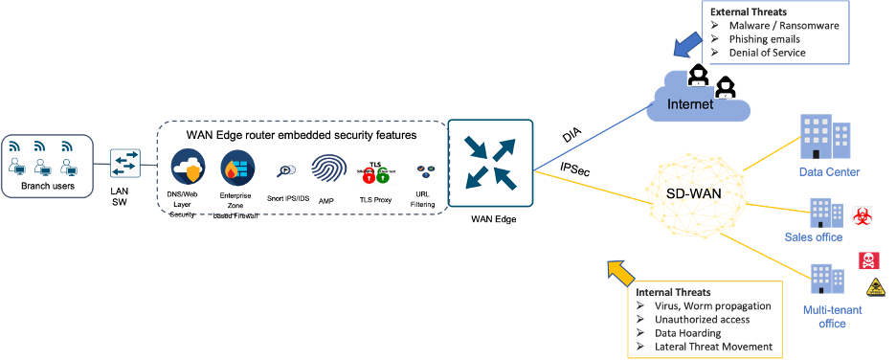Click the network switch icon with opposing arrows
point(125,164)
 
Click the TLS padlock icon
point(375,172)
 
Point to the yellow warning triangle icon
point(875,287)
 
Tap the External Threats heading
point(747,11)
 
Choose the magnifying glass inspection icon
point(285,170)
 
